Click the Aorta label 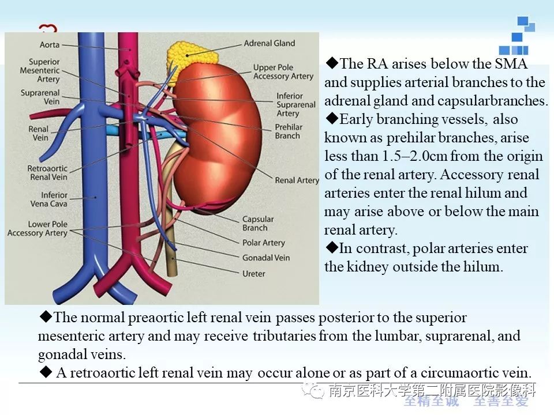coord(50,45)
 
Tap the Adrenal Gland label coord(269,43)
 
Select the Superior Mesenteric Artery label coord(40,70)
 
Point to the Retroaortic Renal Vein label coord(47,172)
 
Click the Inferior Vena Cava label coord(48,199)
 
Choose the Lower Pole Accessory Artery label coord(38,228)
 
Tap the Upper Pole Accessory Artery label coord(283,71)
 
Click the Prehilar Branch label coord(289,131)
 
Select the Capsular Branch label coord(258,224)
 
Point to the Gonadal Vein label coord(265,258)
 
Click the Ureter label coord(254,273)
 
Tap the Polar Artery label coord(264,243)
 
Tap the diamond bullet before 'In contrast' coord(332,247)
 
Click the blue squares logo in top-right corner coord(517,35)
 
